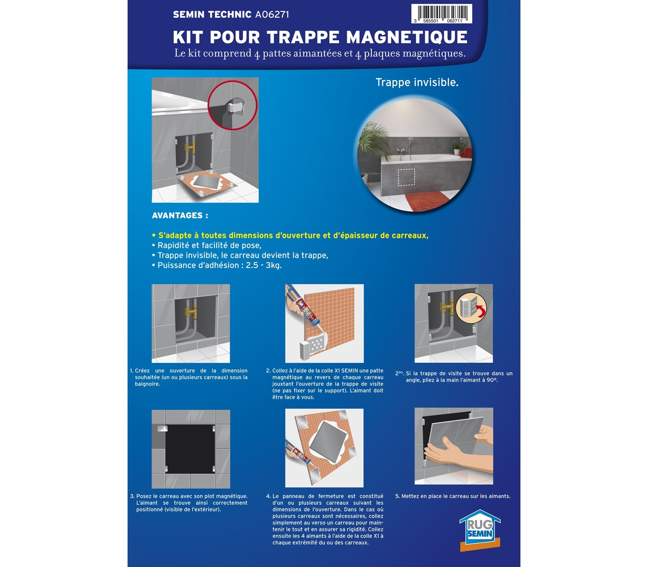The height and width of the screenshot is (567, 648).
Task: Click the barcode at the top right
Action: coord(441,14)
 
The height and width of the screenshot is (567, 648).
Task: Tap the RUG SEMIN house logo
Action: coord(480,530)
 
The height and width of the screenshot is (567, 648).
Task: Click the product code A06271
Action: coord(272,15)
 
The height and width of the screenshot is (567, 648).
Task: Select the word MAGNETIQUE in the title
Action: coord(407,37)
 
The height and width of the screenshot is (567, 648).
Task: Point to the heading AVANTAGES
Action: coord(180,215)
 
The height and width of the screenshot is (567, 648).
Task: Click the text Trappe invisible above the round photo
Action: coord(417,82)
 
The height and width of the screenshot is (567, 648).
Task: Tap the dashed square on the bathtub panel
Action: coord(406,177)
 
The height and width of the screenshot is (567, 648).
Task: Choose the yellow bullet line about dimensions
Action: coord(290,235)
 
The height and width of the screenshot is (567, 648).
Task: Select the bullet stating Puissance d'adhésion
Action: coord(217,265)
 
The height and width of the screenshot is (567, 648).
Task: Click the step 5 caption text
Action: coord(453,496)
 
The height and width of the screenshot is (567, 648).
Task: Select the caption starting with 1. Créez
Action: coord(189,377)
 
